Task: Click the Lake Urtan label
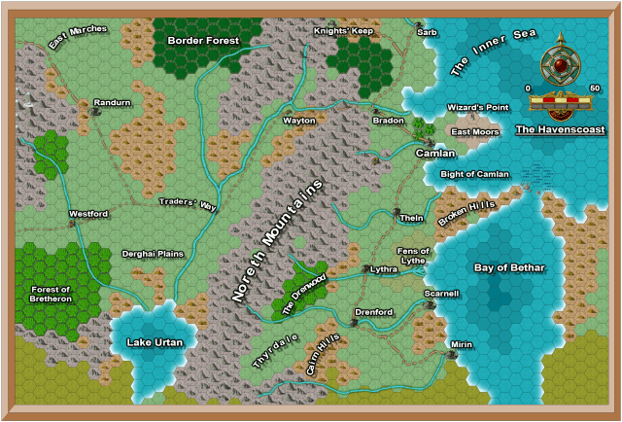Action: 155,341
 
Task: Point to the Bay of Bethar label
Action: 508,267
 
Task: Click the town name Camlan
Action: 434,153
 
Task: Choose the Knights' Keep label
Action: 343,31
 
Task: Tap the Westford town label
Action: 87,213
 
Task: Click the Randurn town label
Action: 112,102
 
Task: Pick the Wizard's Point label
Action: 477,107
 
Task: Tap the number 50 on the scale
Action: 594,88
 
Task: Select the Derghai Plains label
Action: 153,254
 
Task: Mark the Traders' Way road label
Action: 189,204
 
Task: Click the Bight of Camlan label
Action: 474,174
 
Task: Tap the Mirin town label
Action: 462,344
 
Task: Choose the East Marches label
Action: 78,37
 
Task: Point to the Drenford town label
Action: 374,312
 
